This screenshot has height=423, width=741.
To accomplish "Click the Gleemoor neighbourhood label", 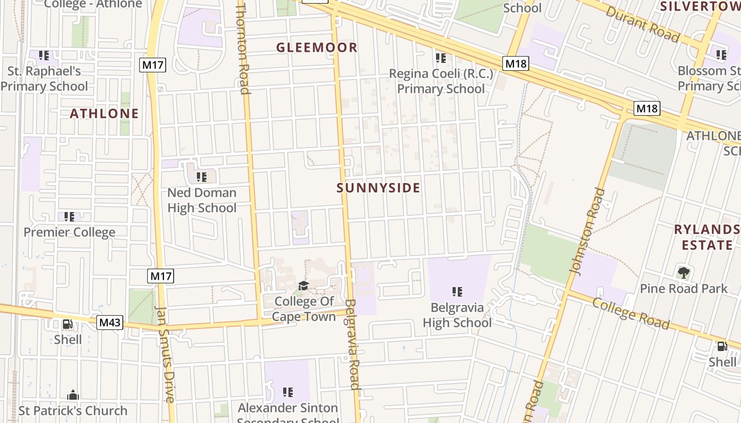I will [317, 48].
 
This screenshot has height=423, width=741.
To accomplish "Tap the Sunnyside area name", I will [378, 188].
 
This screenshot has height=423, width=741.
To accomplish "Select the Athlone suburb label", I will [104, 113].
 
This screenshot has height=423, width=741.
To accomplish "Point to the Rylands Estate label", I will [707, 237].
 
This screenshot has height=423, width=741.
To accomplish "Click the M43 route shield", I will [110, 323].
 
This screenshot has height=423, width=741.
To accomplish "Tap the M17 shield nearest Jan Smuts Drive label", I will [161, 276].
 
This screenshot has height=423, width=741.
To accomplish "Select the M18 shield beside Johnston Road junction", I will [647, 108].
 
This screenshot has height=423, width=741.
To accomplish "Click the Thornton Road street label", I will [242, 48].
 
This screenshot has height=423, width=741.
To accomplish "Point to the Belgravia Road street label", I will [352, 344].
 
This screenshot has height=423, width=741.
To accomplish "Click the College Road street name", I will [630, 312].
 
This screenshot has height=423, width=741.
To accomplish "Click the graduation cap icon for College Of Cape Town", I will [303, 286].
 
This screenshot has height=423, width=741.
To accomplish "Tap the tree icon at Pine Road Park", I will [683, 273].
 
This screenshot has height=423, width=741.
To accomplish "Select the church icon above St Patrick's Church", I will [73, 395].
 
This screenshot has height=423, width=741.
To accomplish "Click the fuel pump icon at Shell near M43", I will [68, 324].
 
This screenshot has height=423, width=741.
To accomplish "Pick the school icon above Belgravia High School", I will [457, 291].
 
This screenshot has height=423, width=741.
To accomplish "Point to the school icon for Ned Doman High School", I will [201, 177].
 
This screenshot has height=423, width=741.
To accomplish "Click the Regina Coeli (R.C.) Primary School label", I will [441, 81].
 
